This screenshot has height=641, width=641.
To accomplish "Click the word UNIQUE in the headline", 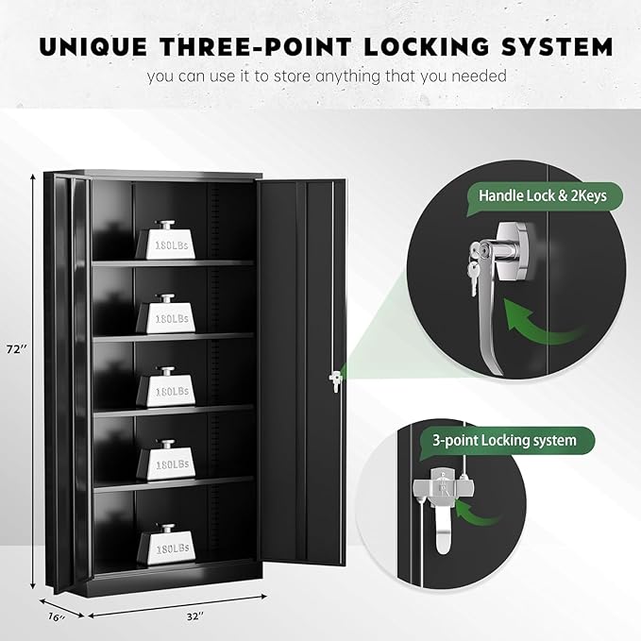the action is coord(93,46).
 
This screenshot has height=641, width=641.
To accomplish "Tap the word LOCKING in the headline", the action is coord(426,46).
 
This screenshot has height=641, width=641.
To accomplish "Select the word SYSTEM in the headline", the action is coord(557,46).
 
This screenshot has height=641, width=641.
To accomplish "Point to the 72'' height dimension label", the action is coord(17,349).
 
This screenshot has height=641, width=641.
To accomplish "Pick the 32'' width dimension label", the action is coord(194,616).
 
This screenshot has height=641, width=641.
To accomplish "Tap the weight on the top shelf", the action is coord(165,240).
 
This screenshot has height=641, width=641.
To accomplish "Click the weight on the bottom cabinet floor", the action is coord(165,545).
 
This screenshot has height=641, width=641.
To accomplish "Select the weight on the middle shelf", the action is coord(165,387).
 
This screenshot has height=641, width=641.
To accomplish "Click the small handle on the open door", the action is coord(334,381).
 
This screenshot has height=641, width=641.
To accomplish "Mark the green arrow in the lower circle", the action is coord(478,513).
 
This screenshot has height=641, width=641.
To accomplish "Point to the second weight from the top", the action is coord(165,313).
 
